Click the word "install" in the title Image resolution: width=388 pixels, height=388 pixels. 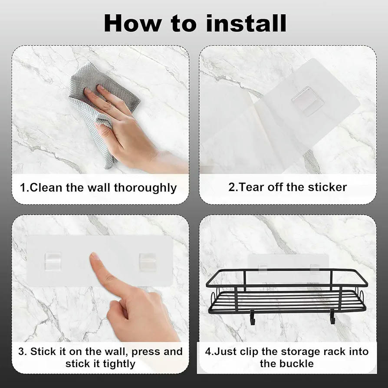click(x=246, y=23)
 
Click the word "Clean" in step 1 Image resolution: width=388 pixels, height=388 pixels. click(x=46, y=187)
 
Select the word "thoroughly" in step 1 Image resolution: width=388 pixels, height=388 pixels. click(x=145, y=188)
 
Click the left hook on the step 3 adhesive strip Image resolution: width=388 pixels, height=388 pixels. click(x=53, y=261)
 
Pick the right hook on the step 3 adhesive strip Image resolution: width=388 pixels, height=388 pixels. click(x=147, y=262)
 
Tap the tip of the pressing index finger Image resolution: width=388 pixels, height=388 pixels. click(x=94, y=255)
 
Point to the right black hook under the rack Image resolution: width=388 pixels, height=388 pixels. click(x=332, y=317)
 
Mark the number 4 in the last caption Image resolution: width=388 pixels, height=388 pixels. click(x=207, y=352)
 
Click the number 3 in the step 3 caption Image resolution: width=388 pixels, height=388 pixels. click(x=21, y=352)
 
